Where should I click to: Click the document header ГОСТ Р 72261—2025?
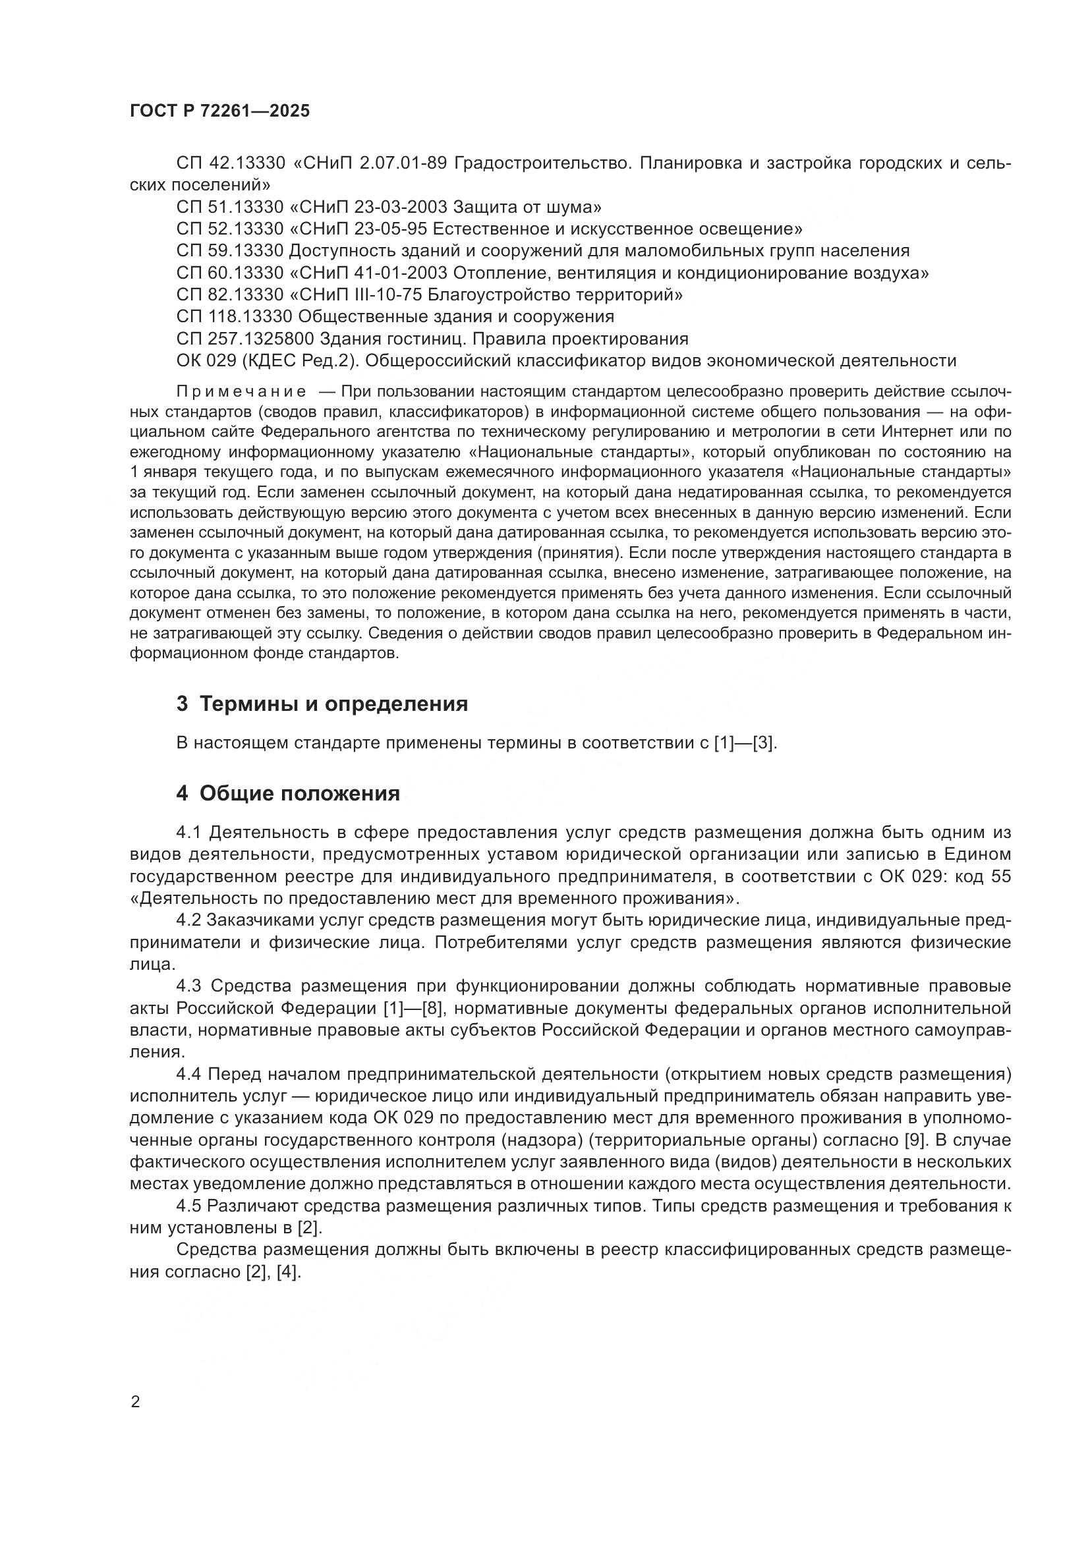pyautogui.click(x=219, y=111)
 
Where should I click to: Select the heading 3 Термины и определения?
pyautogui.click(x=322, y=704)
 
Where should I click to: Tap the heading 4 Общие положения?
pyautogui.click(x=288, y=793)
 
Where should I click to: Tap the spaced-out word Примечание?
pyautogui.click(x=241, y=392)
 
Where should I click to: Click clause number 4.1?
pyautogui.click(x=188, y=833)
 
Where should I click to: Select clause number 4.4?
pyautogui.click(x=188, y=1075)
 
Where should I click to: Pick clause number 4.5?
pyautogui.click(x=188, y=1206)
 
